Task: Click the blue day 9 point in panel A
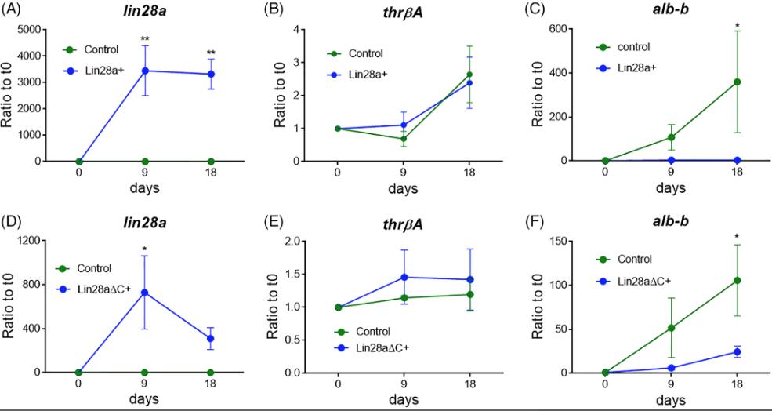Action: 145,71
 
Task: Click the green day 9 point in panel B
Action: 402,139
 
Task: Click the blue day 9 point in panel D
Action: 145,292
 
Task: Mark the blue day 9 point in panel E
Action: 402,277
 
